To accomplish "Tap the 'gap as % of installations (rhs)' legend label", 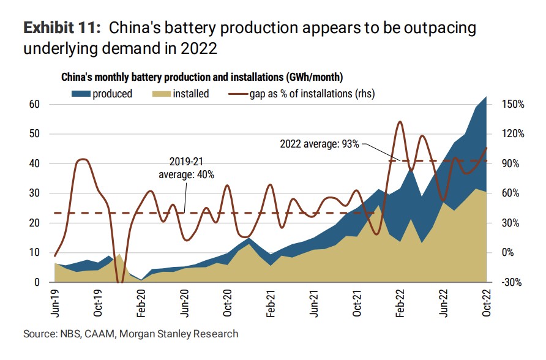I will [x=311, y=94].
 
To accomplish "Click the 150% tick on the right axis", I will [x=512, y=105].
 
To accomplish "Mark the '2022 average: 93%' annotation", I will [x=320, y=144].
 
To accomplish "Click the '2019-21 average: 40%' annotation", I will [x=186, y=168].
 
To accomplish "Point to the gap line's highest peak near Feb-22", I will [x=400, y=122].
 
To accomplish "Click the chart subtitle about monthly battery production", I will [x=201, y=78].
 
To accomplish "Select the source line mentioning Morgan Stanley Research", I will [x=130, y=334].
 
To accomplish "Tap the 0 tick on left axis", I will [x=37, y=282].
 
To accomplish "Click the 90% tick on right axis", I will [x=512, y=163].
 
